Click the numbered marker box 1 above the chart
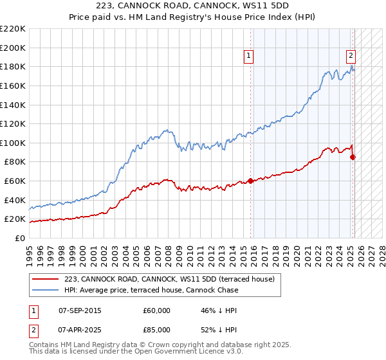(x=249, y=57)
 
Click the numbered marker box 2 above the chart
(x=351, y=56)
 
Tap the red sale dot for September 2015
(x=250, y=181)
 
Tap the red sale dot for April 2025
(x=353, y=157)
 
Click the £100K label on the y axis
(x=13, y=143)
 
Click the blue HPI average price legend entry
(x=151, y=290)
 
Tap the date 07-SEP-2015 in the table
(x=80, y=310)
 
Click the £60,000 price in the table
(x=156, y=310)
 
